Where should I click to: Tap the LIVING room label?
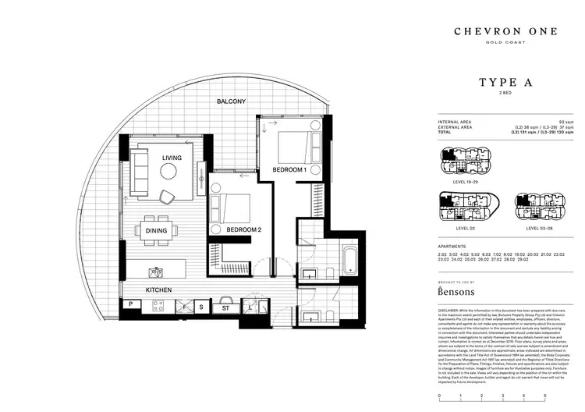(x=172, y=158)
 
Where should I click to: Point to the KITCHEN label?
(x=158, y=289)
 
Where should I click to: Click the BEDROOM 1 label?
(x=289, y=169)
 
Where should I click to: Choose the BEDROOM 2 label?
(x=243, y=230)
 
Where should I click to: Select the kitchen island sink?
(x=157, y=272)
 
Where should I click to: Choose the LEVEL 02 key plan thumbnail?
(x=463, y=208)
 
